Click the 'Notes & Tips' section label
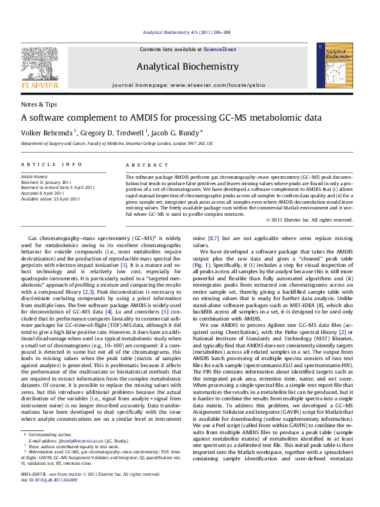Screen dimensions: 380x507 [39, 103]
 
